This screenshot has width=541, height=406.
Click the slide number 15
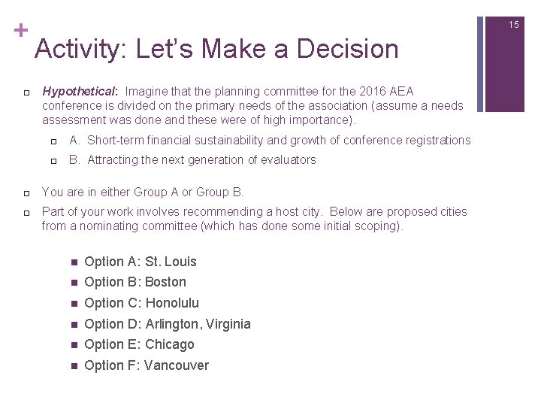pyautogui.click(x=513, y=25)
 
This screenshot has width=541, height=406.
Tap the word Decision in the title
pyautogui.click(x=348, y=49)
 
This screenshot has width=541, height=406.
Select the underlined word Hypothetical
pyautogui.click(x=74, y=91)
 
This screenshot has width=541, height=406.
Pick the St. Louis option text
pyautogui.click(x=171, y=262)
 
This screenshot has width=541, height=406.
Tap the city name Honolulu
pyautogui.click(x=172, y=303)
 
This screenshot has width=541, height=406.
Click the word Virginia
pyautogui.click(x=226, y=324)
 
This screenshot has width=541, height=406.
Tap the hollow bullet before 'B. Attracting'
pyautogui.click(x=53, y=160)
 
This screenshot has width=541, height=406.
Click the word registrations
pyautogui.click(x=434, y=140)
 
